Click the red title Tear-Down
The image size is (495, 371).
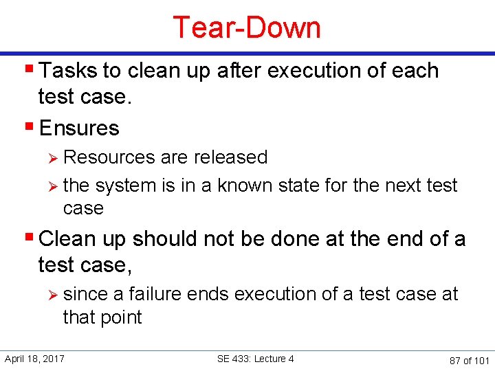[x=247, y=27]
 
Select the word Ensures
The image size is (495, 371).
[x=79, y=128]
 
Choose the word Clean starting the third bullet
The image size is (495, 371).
[x=67, y=239]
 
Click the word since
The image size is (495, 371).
[x=85, y=294]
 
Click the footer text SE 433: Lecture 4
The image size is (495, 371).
[x=255, y=359]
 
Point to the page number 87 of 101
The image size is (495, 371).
[x=468, y=360]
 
